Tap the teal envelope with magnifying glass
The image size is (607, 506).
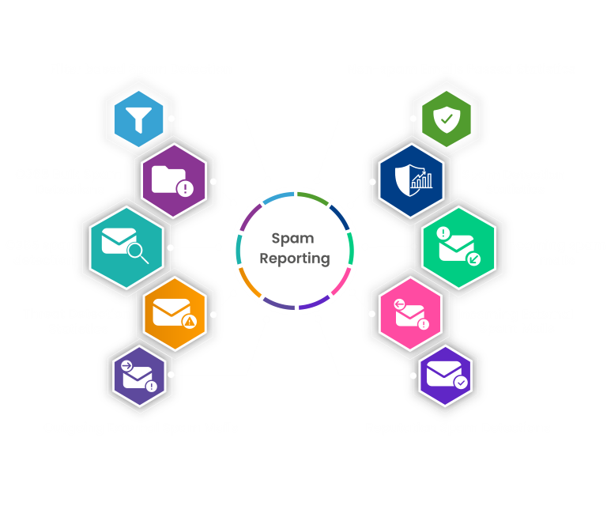[126, 246]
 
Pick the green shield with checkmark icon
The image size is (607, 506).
[447, 119]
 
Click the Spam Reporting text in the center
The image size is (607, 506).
[295, 247]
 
